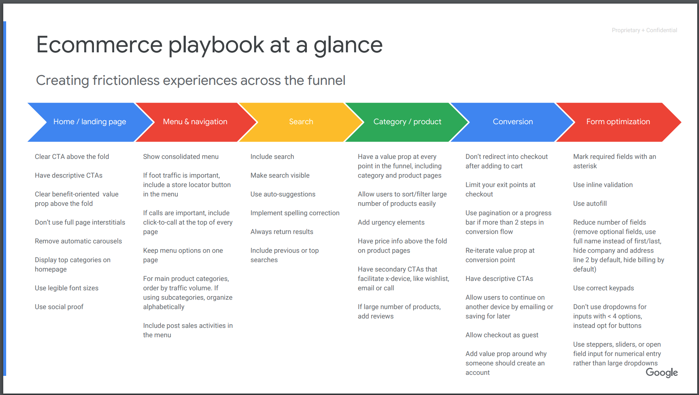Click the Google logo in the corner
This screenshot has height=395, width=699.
click(x=662, y=373)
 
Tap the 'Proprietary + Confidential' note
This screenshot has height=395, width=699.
click(x=644, y=30)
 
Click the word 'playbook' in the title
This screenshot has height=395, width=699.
click(x=216, y=45)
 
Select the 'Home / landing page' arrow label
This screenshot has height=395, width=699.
click(x=90, y=122)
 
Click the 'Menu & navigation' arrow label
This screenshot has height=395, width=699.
click(x=195, y=122)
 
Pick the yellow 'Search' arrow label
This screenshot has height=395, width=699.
click(x=301, y=122)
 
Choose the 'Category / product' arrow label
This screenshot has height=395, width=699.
click(x=407, y=122)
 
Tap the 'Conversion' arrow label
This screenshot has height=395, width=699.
click(x=513, y=122)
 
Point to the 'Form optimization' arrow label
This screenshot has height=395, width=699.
click(x=618, y=122)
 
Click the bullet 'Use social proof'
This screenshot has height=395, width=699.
click(x=59, y=307)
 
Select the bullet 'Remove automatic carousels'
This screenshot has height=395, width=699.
click(x=78, y=241)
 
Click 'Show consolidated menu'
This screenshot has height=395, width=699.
click(x=181, y=157)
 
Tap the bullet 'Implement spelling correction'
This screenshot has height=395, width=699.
click(x=295, y=213)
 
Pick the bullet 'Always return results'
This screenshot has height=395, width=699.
click(x=282, y=232)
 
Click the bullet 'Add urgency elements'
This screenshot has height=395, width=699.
click(x=391, y=222)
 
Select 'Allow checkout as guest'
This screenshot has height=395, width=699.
click(x=502, y=335)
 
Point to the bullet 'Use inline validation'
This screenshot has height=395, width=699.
click(x=603, y=185)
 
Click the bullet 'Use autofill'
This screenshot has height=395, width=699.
click(x=590, y=204)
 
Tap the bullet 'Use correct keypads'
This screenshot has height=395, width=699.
click(x=604, y=288)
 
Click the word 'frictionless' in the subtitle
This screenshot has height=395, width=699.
click(x=126, y=81)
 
